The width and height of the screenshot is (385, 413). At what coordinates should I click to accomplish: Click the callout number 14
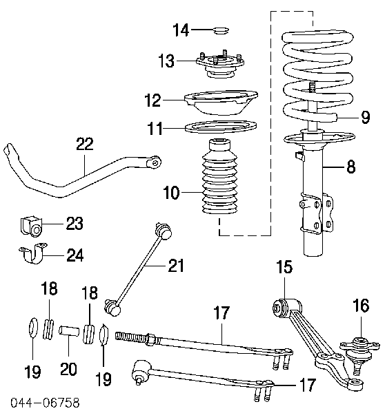(180, 30)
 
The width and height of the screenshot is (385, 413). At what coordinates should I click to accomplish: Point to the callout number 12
(153, 101)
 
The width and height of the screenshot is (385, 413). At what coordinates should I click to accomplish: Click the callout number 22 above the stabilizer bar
(84, 144)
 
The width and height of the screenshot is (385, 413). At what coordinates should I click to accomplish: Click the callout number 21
(177, 264)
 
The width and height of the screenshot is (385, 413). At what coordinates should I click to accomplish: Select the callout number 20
(69, 369)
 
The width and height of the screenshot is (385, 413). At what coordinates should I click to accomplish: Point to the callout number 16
(362, 305)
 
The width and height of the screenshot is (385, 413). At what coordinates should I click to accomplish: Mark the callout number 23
(74, 223)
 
